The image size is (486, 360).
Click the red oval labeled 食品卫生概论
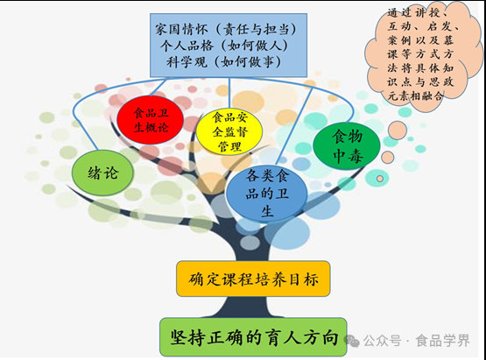151,120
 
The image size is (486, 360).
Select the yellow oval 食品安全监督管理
229,131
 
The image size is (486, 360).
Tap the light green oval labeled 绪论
102,173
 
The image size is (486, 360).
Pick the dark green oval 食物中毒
347,146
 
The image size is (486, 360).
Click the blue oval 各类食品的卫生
267,194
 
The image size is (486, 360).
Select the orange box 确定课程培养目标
253,279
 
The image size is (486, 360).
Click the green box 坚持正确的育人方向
253,337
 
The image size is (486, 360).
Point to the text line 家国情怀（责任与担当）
226,30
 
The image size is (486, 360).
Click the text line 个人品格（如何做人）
224,46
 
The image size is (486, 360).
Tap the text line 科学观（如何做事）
224,62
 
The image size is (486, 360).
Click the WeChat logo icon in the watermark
352,341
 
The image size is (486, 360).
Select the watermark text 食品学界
443,341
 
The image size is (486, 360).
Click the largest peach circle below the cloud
398,131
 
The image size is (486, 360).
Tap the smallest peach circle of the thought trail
380,179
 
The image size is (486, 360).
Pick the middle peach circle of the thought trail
388,157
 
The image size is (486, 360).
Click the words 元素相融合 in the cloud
415,95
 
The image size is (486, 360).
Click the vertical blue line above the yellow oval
229,93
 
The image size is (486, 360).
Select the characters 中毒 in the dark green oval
348,156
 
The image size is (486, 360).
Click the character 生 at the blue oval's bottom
267,211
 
